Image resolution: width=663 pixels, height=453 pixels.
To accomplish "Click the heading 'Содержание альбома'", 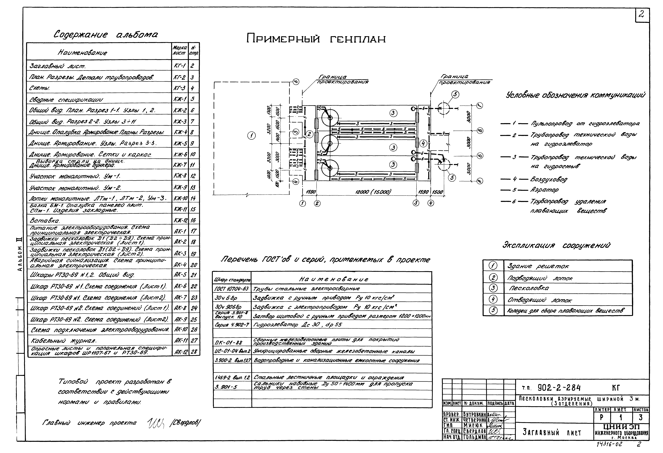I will (106, 35).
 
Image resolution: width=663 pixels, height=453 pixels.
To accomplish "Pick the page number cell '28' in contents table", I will (194, 352).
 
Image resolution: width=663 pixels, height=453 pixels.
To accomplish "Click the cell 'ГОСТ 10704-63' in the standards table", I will (232, 289).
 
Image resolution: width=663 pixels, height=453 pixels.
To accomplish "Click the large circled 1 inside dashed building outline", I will (251, 136).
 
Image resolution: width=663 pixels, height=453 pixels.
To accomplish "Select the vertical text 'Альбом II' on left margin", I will (19, 258).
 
